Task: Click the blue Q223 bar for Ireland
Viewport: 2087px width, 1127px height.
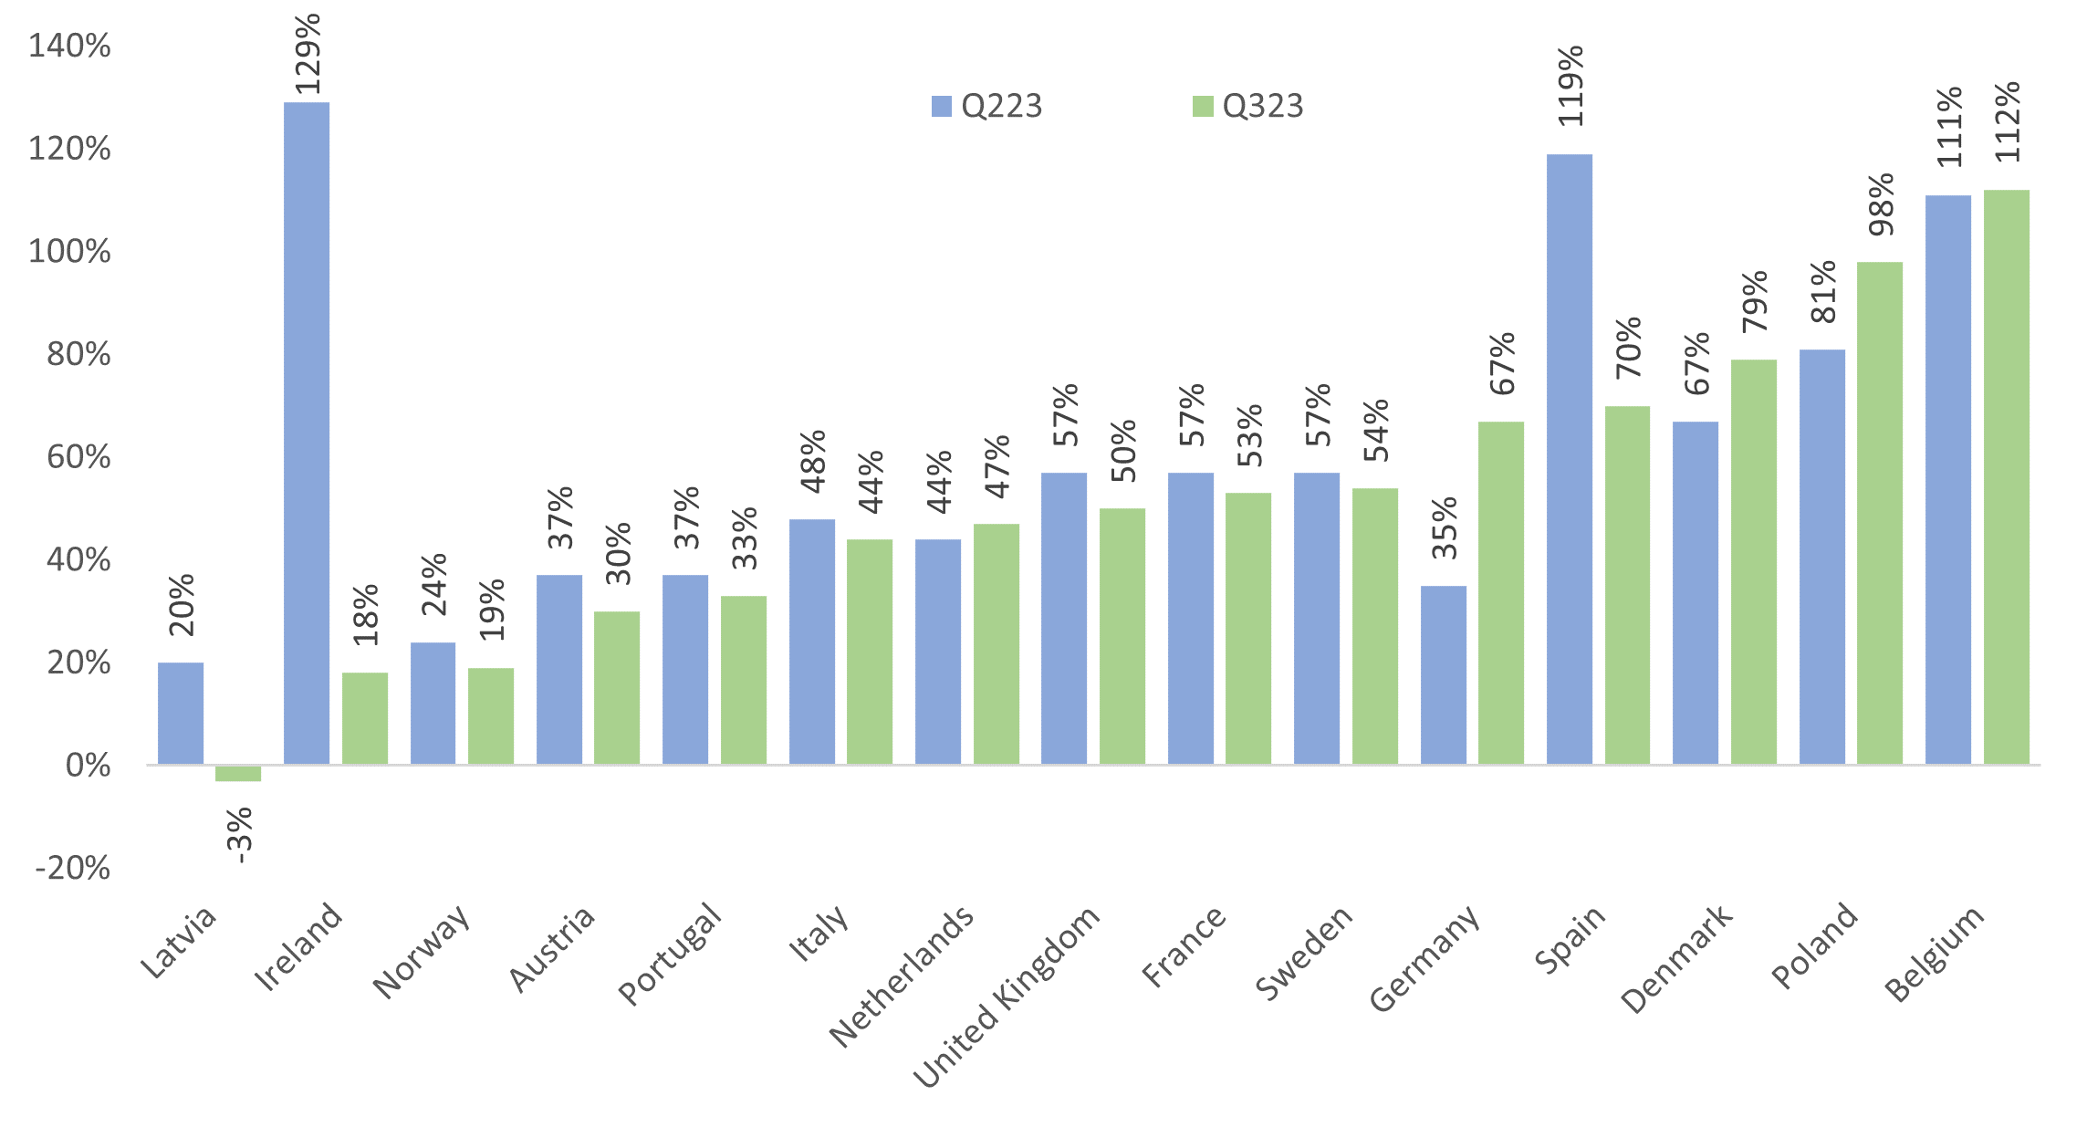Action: pos(307,433)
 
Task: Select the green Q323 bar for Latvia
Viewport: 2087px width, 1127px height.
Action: pos(238,774)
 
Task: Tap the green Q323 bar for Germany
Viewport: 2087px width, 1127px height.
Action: pos(1501,592)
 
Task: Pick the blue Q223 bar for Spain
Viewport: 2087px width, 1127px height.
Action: pos(1570,458)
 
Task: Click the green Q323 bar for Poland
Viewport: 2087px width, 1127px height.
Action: pos(1880,512)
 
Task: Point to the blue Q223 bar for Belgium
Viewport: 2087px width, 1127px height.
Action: pos(1948,479)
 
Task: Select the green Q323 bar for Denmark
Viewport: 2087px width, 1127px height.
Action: pos(1754,561)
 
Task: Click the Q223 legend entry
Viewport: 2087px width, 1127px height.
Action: pos(987,107)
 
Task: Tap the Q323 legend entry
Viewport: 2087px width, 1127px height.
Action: pos(1248,107)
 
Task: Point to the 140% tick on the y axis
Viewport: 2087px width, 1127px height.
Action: pos(70,46)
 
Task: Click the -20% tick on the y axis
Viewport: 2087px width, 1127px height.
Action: pos(73,868)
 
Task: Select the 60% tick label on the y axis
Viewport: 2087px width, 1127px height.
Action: pos(78,457)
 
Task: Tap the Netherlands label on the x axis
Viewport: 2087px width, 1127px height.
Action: pos(902,976)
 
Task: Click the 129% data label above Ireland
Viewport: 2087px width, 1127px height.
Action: pos(308,54)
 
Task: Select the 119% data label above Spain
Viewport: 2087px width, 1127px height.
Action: pos(1570,87)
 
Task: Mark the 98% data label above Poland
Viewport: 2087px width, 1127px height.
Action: pos(1881,204)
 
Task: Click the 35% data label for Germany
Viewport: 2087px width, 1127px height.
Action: pos(1445,527)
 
